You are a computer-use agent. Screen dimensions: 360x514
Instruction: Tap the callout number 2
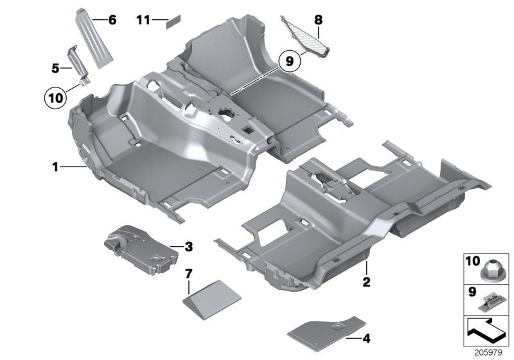click(366, 281)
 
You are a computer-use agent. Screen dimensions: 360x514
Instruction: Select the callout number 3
click(188, 246)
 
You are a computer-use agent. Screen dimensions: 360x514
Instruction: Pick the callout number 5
click(55, 67)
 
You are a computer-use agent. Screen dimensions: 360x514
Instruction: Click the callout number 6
click(112, 21)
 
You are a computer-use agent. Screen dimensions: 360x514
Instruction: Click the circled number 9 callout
click(289, 61)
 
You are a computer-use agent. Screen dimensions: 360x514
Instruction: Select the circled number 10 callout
click(55, 98)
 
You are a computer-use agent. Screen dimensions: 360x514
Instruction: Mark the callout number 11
click(143, 21)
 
